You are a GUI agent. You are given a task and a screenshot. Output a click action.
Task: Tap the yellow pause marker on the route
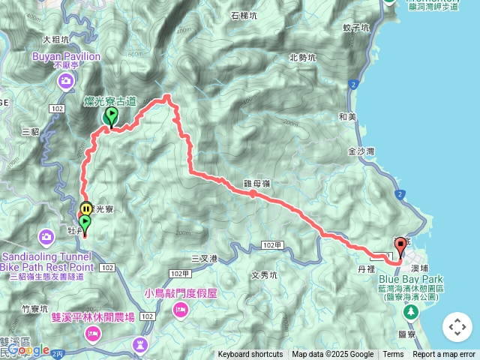coord(86,208)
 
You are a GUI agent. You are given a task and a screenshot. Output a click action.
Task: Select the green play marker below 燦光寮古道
coord(112,115)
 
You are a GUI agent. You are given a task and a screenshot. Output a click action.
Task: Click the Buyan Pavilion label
coord(66,55)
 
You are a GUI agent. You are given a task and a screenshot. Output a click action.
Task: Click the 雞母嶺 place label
coord(257,182)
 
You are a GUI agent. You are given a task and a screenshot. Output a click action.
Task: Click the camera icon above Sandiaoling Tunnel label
coord(46,238)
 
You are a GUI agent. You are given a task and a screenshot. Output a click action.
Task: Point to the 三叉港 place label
coord(203,258)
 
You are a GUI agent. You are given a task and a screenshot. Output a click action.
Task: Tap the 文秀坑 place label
coord(264,275)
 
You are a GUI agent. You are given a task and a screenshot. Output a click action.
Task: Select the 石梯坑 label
coord(245,14)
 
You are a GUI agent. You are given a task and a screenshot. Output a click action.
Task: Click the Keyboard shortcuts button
coord(250,355)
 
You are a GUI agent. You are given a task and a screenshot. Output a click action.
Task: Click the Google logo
coord(28,349)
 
